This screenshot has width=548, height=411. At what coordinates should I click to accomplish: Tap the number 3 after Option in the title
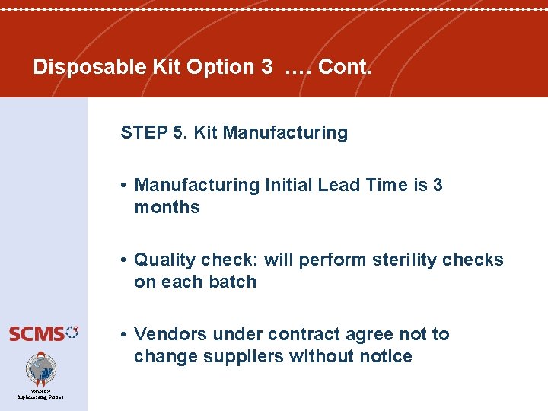[x=266, y=67]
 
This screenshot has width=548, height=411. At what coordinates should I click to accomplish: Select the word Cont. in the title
[x=346, y=67]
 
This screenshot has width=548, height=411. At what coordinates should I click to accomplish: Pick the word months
[x=167, y=207]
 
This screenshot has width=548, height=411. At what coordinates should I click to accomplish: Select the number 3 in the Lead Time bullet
[x=437, y=185]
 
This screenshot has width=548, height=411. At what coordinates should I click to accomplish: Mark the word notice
[x=383, y=356]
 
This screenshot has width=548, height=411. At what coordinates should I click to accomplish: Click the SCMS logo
[x=43, y=333]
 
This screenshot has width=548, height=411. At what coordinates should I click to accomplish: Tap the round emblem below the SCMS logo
[x=40, y=369]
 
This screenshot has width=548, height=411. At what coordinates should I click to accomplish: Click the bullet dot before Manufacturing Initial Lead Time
[x=123, y=186]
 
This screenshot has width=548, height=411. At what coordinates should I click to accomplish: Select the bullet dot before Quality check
[x=123, y=260]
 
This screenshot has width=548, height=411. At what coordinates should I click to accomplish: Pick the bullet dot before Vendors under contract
[x=123, y=335]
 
